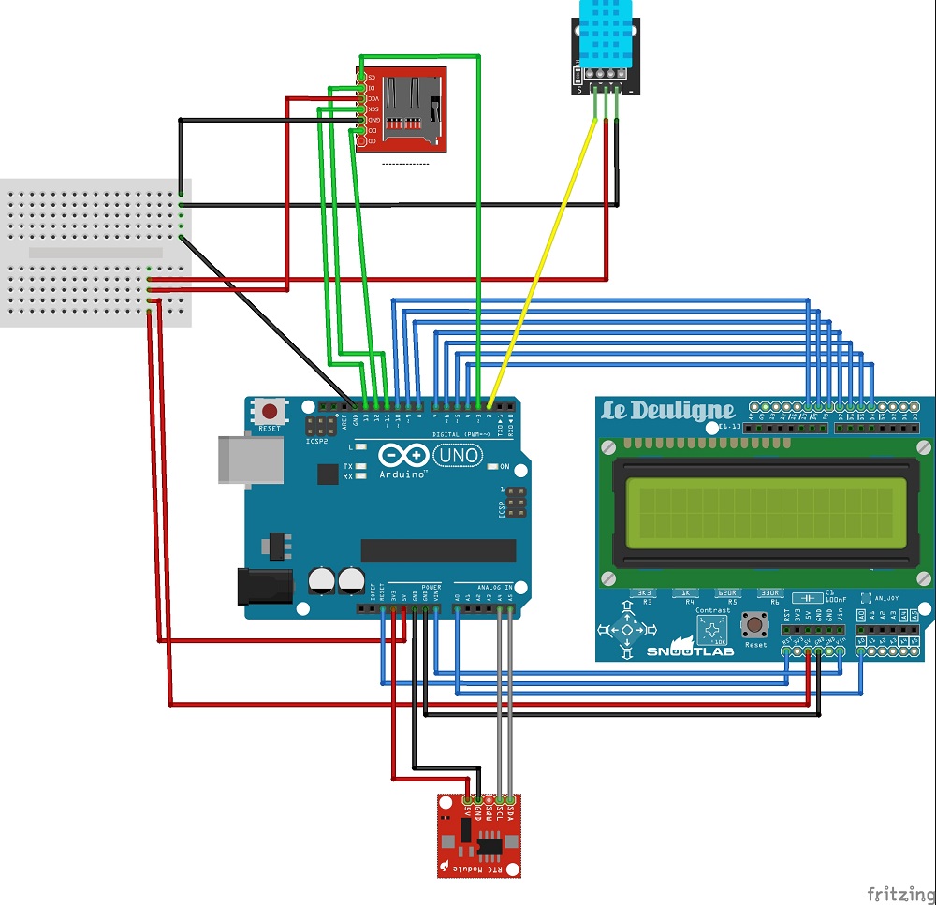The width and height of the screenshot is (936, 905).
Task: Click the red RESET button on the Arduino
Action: click(271, 411)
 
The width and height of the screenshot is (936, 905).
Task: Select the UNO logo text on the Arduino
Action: click(460, 456)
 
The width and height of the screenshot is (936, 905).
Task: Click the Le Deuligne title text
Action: click(667, 411)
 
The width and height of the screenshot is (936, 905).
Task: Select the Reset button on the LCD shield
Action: click(753, 625)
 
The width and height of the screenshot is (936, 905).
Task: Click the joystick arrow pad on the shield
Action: click(624, 631)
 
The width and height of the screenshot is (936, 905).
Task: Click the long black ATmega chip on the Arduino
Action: click(438, 550)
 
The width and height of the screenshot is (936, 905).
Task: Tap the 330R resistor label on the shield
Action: click(769, 592)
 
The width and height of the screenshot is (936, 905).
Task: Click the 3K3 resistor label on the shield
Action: click(644, 592)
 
